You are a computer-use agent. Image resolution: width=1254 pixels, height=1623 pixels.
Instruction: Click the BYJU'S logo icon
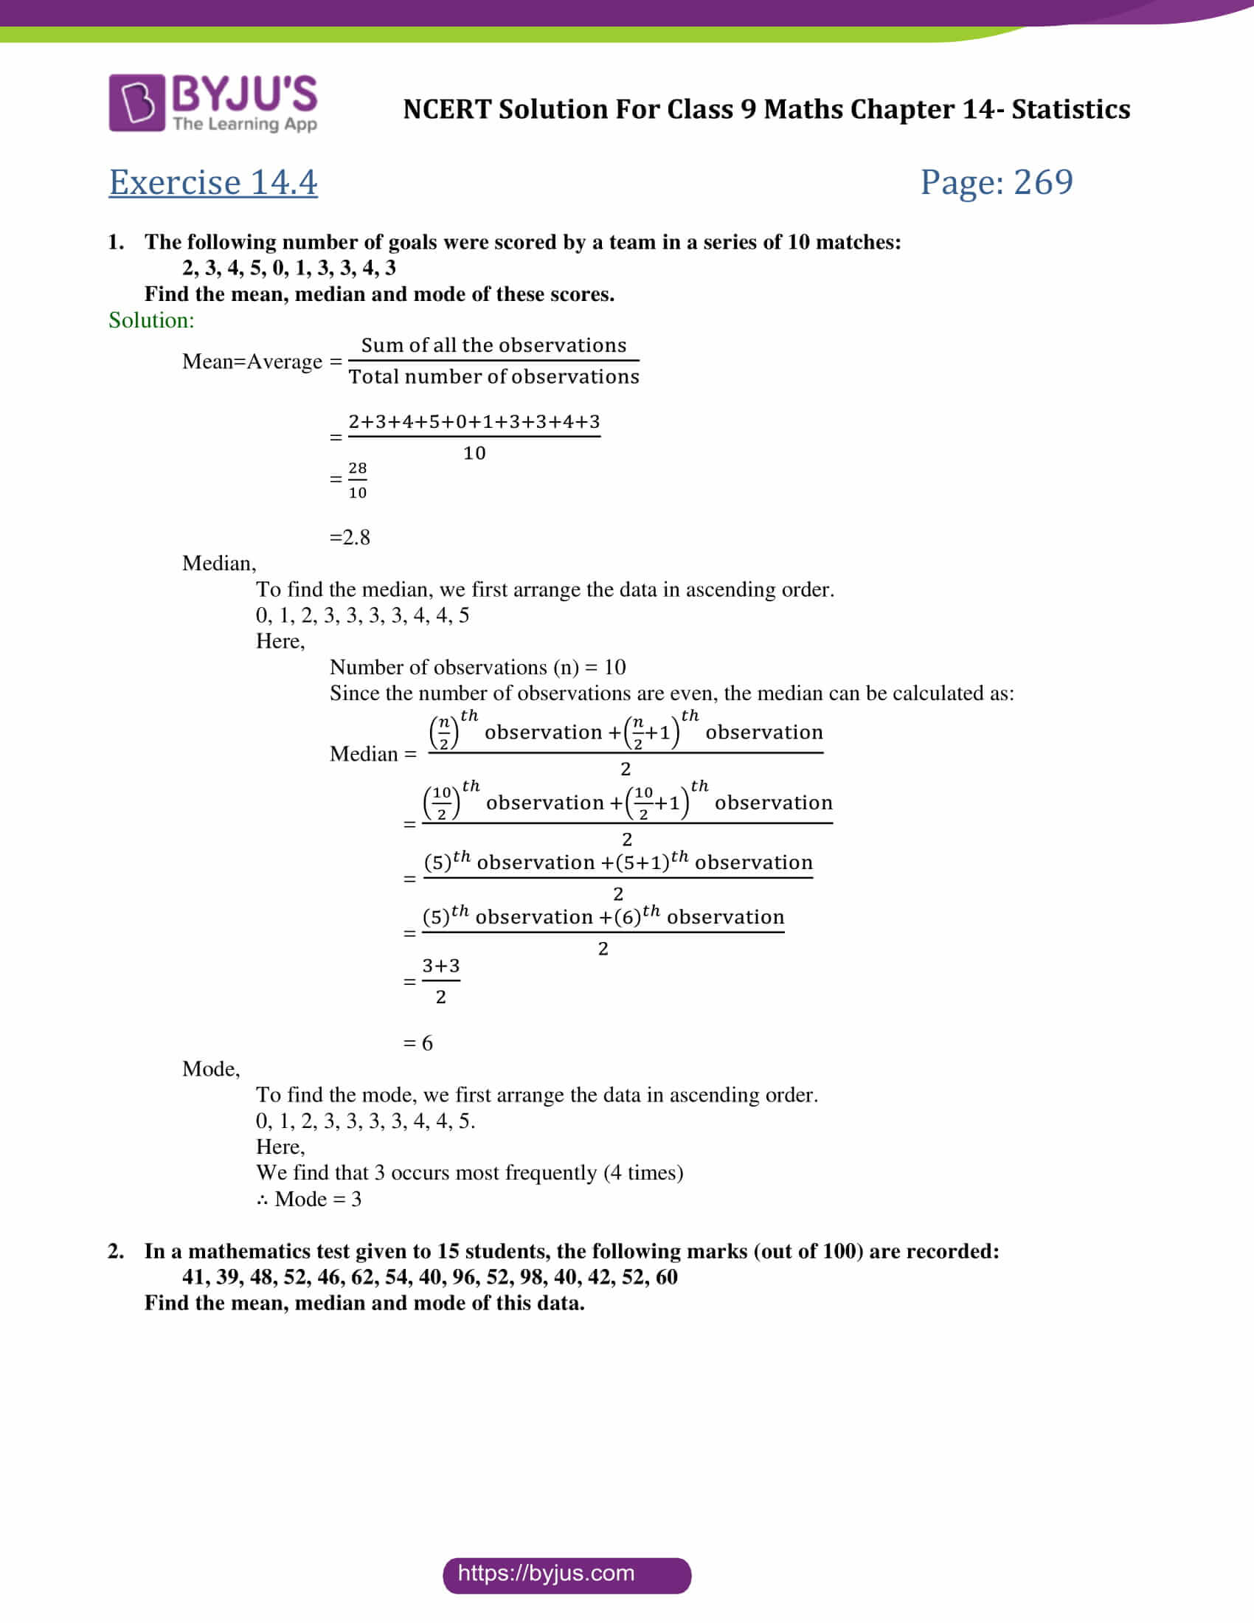[x=136, y=103]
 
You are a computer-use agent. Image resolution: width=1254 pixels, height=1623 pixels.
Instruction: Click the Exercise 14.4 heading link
[x=213, y=183]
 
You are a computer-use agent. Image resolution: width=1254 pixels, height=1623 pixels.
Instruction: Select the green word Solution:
[x=151, y=320]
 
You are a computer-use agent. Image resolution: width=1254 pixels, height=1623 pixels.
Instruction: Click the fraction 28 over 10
[x=357, y=480]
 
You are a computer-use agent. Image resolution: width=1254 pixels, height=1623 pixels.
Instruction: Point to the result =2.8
[x=350, y=537]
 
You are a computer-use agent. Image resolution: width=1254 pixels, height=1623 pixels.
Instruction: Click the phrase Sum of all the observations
[x=493, y=345]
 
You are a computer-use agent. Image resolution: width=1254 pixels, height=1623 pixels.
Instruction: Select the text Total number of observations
[x=493, y=377]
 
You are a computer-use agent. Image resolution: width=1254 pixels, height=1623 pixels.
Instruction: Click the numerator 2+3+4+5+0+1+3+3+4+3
[x=474, y=422]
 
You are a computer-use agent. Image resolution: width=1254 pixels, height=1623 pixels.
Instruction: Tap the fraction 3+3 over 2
[x=440, y=981]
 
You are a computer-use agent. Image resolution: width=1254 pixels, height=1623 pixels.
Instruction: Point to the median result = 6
[x=418, y=1043]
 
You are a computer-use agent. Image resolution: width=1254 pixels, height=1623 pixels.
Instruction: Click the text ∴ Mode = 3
[x=309, y=1200]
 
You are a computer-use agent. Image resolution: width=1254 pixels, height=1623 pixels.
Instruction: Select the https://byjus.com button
[x=566, y=1574]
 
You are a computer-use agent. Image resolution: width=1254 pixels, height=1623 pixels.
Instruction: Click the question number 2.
[x=116, y=1251]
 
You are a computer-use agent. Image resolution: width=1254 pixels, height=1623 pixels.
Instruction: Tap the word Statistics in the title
[x=1070, y=110]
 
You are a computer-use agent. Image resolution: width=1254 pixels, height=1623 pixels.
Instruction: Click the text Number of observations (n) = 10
[x=478, y=668]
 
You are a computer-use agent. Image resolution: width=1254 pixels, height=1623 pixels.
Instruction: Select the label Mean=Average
[x=252, y=362]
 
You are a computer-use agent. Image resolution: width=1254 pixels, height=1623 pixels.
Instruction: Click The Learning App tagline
[x=245, y=124]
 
